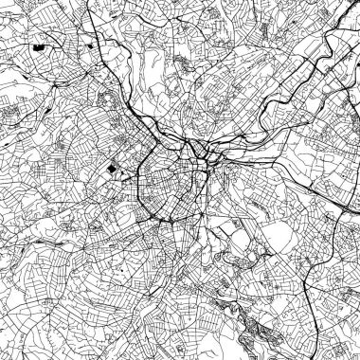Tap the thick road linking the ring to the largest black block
(128, 171)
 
